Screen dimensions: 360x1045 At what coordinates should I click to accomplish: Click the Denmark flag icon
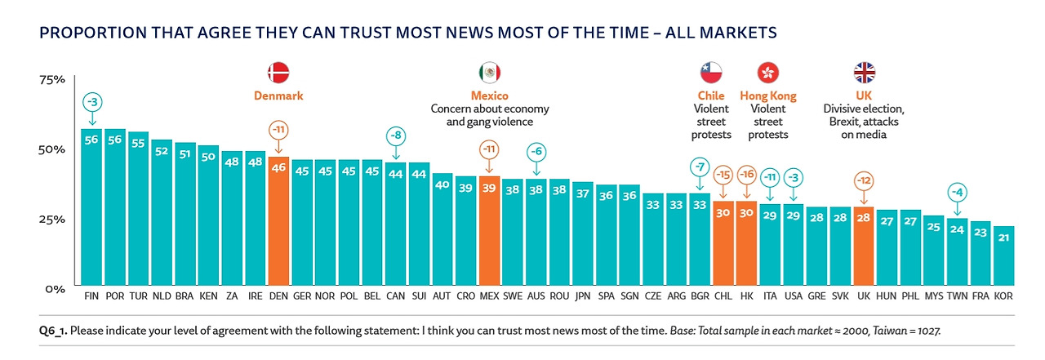279,73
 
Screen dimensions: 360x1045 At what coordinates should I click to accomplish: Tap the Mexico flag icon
490,73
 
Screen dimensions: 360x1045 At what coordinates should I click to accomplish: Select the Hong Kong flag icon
767,73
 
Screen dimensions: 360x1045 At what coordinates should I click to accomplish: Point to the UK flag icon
864,73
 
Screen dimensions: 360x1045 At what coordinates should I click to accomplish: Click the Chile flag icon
711,73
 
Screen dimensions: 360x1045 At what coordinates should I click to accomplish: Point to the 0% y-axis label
55,289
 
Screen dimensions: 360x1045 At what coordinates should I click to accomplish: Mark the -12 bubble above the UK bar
864,180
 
